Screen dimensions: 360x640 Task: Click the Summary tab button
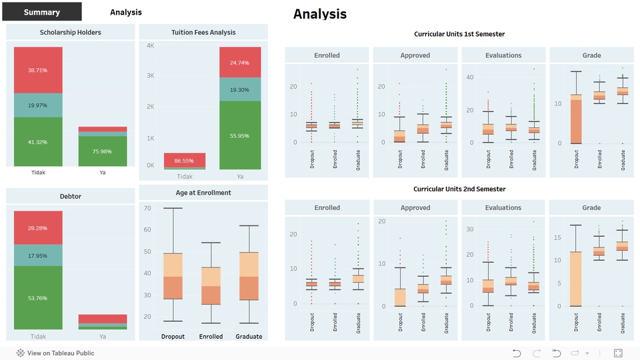[x=42, y=12]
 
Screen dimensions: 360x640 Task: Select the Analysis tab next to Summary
[x=125, y=12]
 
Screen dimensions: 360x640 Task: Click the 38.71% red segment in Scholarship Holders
[x=38, y=70]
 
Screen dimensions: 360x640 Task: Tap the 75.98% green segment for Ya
[x=103, y=151]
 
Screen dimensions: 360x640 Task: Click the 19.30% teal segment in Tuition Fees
[x=239, y=89]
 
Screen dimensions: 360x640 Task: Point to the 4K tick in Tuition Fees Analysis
[x=150, y=46]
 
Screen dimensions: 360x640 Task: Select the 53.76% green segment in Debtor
[x=38, y=297]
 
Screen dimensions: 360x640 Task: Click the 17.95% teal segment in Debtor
[x=38, y=256]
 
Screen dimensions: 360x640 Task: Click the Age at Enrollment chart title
[x=203, y=193]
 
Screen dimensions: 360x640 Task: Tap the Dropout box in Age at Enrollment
[x=173, y=276]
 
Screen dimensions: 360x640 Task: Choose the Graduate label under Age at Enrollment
[x=249, y=337]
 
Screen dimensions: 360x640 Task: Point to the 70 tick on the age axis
[x=147, y=209]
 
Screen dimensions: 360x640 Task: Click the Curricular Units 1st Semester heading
[x=459, y=34]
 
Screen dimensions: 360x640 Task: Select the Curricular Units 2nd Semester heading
[x=459, y=189]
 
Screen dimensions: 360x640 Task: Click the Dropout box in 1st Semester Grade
[x=576, y=119]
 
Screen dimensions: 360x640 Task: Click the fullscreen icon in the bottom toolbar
[x=618, y=353]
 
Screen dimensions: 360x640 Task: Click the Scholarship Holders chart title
[x=70, y=32]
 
